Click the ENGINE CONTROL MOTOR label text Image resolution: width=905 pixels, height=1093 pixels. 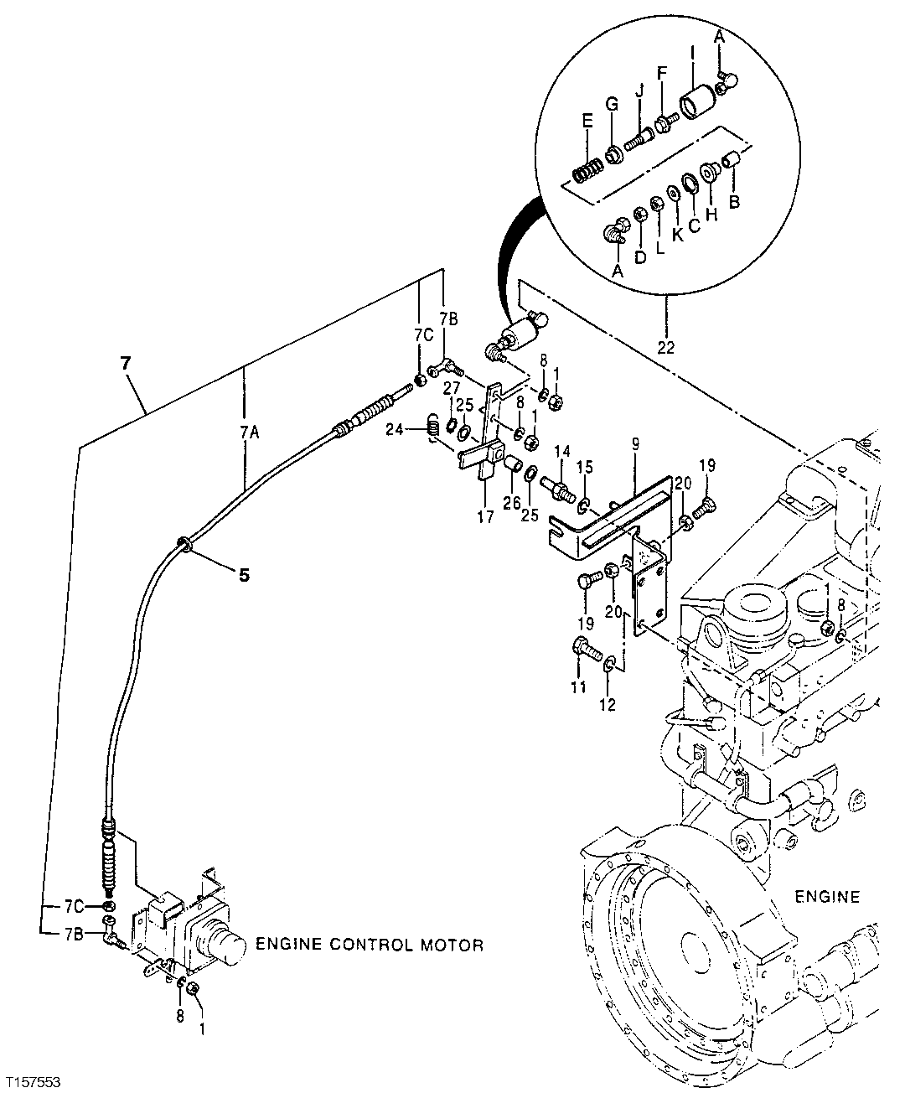pos(369,945)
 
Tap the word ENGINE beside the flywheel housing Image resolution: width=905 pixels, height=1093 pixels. pos(826,897)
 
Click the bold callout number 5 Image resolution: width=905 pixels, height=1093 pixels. pos(244,575)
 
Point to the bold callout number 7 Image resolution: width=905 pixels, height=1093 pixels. pos(127,364)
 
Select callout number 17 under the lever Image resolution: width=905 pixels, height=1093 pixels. pos(485,517)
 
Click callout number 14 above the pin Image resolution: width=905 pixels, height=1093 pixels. pos(561,451)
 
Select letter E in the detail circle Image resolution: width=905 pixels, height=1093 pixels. pos(587,122)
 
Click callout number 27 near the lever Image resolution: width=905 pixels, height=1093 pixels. pos(452,387)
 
